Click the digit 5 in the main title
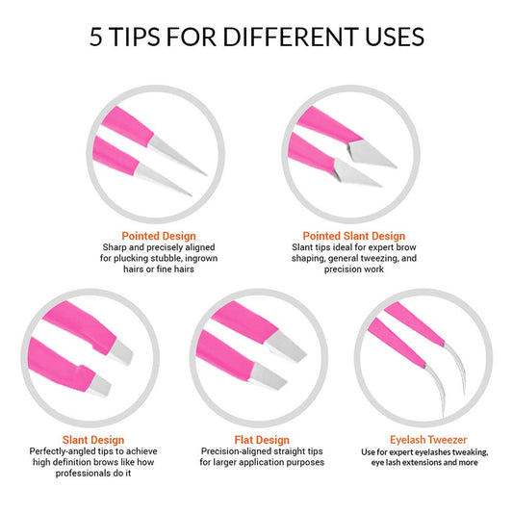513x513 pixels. pos(96,37)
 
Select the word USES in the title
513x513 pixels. pos(395,37)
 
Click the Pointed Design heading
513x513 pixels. pos(159,236)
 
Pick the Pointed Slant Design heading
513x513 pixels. pos(354,236)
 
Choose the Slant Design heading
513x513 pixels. pos(93,440)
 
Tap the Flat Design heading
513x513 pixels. pos(262,440)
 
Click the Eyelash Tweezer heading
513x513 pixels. pos(428,440)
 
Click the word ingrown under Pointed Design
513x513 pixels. pos(201,259)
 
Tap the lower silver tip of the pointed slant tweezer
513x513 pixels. pos(355,173)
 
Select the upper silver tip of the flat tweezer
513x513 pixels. pos(285,346)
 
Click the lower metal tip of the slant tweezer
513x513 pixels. pos(99,385)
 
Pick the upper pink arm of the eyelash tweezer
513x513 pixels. pos(415,323)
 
